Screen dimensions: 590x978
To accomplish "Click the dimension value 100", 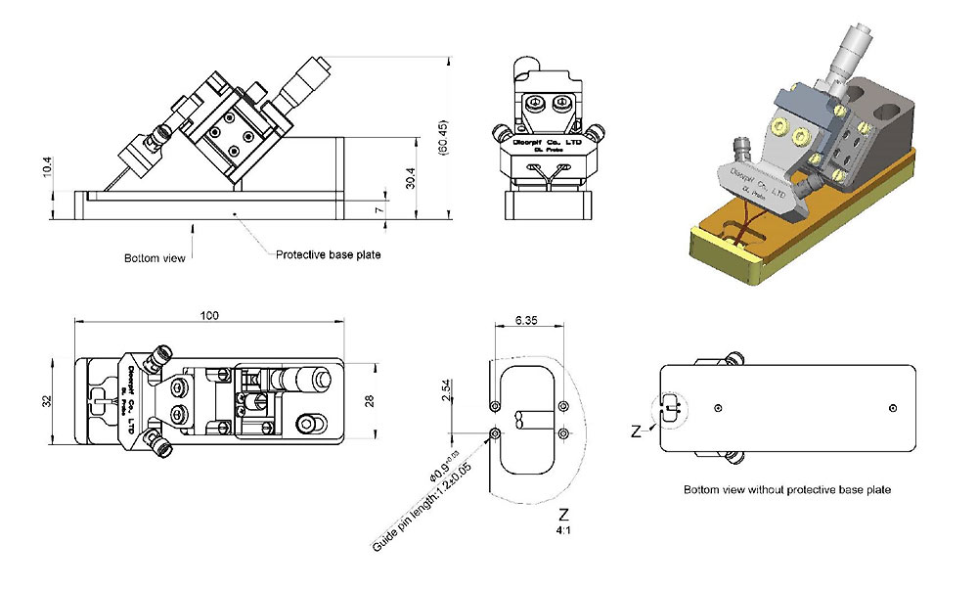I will (x=210, y=315).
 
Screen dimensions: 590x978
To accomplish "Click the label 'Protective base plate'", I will (x=328, y=255).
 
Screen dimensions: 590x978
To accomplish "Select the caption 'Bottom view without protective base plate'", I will (x=786, y=488).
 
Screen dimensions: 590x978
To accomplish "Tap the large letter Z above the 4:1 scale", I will (x=562, y=514).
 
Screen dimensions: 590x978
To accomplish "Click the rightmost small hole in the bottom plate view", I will (x=892, y=406).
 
